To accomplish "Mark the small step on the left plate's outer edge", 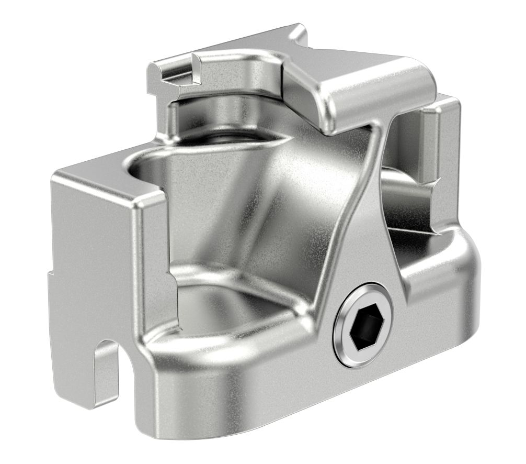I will click(x=50, y=273).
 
